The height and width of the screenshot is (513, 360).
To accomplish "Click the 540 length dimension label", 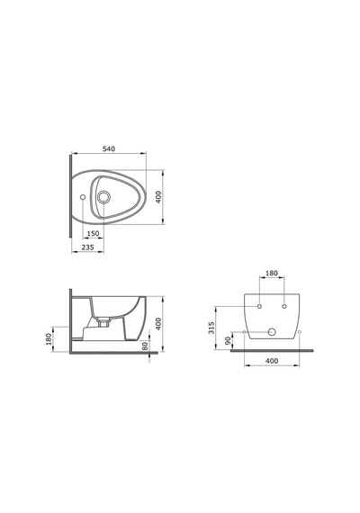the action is click(109, 148).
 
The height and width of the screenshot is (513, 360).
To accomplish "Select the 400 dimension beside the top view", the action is click(158, 197).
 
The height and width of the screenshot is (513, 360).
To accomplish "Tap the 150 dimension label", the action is click(93, 234).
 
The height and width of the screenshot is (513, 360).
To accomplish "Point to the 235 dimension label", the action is click(87, 247).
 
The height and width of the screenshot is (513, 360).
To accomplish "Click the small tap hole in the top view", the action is click(83, 197).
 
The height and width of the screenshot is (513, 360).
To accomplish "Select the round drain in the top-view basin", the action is click(103, 196).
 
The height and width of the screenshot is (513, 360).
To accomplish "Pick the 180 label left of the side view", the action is click(49, 339).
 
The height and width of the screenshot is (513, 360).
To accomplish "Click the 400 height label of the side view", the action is click(158, 324).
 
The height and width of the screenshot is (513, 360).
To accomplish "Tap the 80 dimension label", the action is click(145, 346).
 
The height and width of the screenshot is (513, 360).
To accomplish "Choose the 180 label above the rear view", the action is click(272, 273).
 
